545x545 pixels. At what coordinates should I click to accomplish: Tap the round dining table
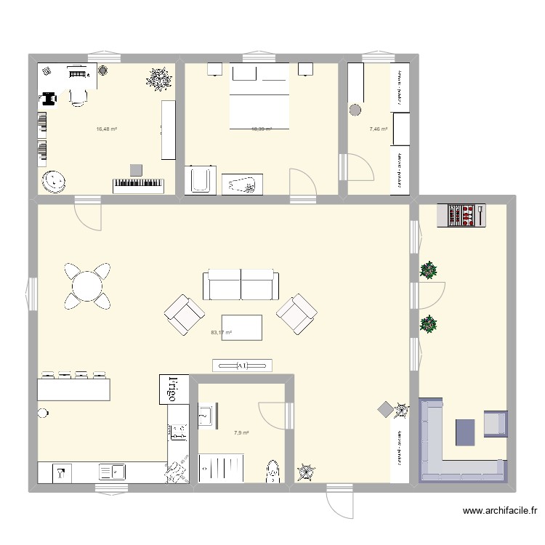[x=87, y=285]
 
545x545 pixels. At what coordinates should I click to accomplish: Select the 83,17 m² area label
[x=221, y=333]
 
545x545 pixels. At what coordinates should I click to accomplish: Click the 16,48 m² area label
[x=107, y=129]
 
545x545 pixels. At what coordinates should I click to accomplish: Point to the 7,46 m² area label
[x=378, y=129]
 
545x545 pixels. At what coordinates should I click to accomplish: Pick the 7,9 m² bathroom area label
[x=241, y=433]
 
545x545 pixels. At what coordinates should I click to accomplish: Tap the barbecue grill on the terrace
[x=461, y=216]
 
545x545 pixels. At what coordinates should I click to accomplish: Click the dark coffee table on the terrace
[x=467, y=432]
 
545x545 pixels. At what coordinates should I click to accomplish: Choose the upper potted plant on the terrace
[x=429, y=270]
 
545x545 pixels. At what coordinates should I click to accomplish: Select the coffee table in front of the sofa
[x=242, y=327]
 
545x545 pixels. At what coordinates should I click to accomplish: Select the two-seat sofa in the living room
[x=241, y=284]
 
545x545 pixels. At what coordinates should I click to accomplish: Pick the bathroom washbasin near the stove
[x=203, y=418]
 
